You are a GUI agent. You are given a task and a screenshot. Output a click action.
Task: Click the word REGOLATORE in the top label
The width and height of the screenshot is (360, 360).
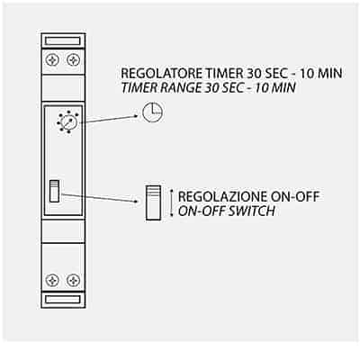coord(161,74)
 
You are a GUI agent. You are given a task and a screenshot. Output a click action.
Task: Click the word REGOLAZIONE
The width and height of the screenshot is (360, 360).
coord(223,197)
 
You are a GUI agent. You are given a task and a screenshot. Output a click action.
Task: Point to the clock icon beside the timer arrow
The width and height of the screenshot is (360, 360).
coord(152,112)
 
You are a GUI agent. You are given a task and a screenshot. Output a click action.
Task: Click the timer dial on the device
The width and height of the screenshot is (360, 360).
coord(68,121)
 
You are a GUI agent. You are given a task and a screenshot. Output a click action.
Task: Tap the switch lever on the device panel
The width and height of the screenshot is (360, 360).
coord(54,191)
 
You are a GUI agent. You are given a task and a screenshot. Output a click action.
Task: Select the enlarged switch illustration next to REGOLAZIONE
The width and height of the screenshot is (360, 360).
coord(153,203)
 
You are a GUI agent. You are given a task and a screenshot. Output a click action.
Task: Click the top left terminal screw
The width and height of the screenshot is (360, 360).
coord(52,60)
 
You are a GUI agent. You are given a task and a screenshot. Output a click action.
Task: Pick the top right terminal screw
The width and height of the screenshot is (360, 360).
coord(73,60)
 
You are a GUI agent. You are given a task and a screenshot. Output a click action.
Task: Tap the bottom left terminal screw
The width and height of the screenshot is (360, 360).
coord(52,281)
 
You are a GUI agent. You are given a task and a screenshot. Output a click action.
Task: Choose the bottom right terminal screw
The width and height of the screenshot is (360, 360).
coord(73,281)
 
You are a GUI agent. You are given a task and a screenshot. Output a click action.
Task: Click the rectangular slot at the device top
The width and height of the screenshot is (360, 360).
coord(63,40)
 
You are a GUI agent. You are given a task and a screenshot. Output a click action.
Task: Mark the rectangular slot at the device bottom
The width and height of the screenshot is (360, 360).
coord(63,300)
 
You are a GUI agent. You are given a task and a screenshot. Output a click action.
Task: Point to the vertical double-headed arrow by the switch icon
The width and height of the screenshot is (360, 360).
coord(172,202)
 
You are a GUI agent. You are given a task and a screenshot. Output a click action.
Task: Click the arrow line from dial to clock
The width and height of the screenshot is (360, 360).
coord(112,119)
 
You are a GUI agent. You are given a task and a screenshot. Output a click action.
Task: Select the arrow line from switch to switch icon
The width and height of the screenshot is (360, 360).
coord(101,198)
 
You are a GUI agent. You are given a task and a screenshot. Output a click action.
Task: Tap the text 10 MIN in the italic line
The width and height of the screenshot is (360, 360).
coord(275,88)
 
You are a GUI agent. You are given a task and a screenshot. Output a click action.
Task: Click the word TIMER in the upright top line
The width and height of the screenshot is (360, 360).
coord(224,74)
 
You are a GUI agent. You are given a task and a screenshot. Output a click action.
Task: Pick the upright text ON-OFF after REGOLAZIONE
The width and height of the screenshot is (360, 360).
coord(295,197)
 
